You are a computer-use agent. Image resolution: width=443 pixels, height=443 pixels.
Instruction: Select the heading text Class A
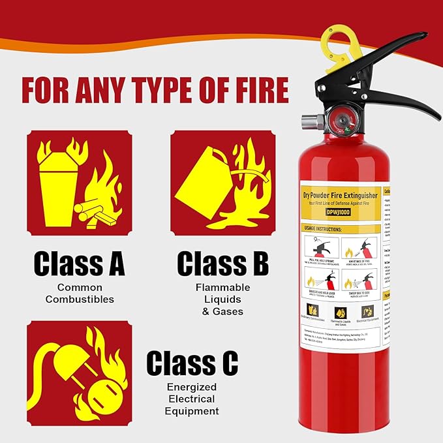[79, 264]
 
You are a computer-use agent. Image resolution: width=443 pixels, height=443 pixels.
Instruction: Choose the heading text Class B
[222, 264]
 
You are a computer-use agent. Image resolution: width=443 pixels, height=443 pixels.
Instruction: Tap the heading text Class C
[192, 363]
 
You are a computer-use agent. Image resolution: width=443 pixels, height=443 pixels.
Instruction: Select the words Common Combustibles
[79, 293]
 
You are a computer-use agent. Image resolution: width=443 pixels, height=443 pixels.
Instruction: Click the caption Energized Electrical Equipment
[192, 399]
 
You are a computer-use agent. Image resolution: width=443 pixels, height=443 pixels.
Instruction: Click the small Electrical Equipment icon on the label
[368, 312]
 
